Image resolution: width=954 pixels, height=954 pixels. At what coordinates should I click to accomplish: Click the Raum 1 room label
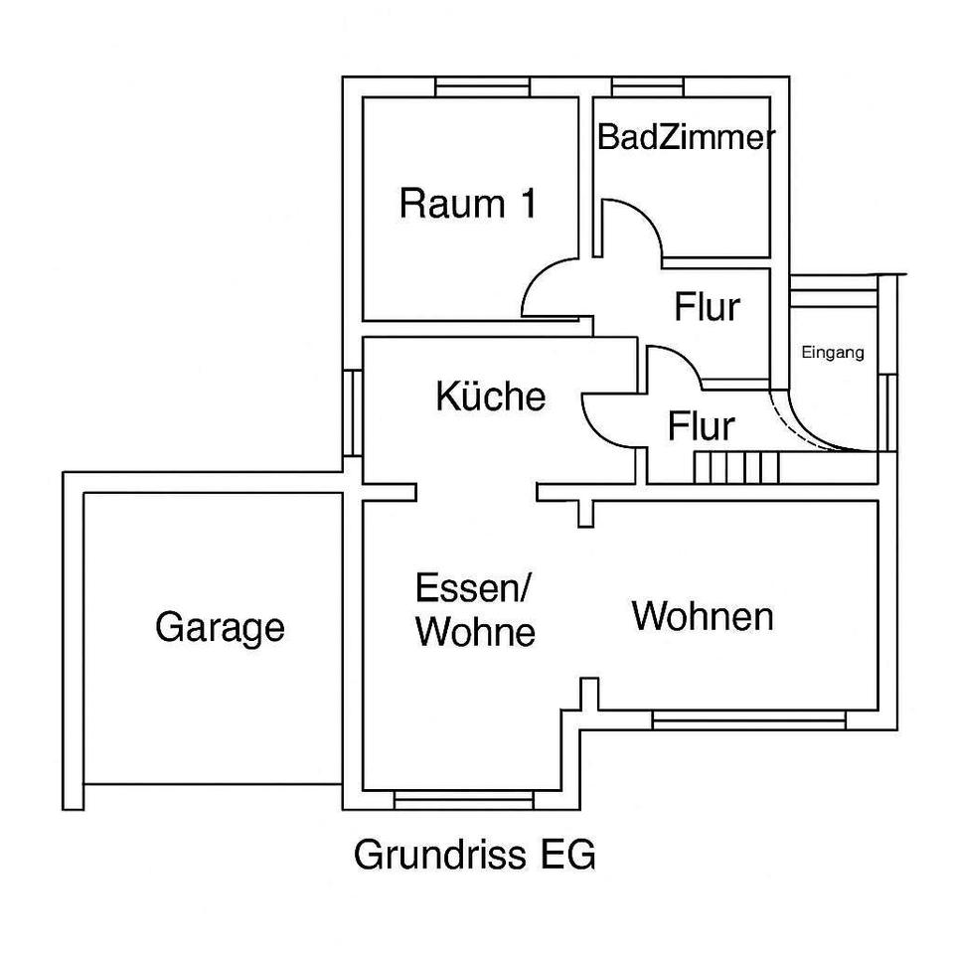(467, 204)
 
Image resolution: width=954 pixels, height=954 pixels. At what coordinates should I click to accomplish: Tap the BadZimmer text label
(686, 138)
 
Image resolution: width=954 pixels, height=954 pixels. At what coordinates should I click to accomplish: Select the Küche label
(491, 397)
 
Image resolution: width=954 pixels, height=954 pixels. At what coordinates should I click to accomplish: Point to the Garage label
(220, 628)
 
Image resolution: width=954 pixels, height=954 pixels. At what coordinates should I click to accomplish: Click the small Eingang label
(833, 352)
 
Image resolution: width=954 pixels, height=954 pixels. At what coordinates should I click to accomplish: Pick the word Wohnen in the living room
(703, 616)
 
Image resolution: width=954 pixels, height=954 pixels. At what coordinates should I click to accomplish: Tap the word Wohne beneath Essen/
(476, 633)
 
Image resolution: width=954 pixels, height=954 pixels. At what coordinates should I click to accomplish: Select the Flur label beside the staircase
(701, 427)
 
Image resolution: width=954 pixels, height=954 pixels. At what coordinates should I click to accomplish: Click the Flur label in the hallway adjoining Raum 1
(708, 308)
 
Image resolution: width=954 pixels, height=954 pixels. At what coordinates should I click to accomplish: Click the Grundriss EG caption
(475, 855)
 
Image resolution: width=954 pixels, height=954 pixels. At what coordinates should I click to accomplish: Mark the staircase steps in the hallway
(735, 467)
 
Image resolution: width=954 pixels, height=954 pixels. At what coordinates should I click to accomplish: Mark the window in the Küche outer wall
(352, 412)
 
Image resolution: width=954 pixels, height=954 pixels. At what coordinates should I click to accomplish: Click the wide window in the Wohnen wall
(749, 717)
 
